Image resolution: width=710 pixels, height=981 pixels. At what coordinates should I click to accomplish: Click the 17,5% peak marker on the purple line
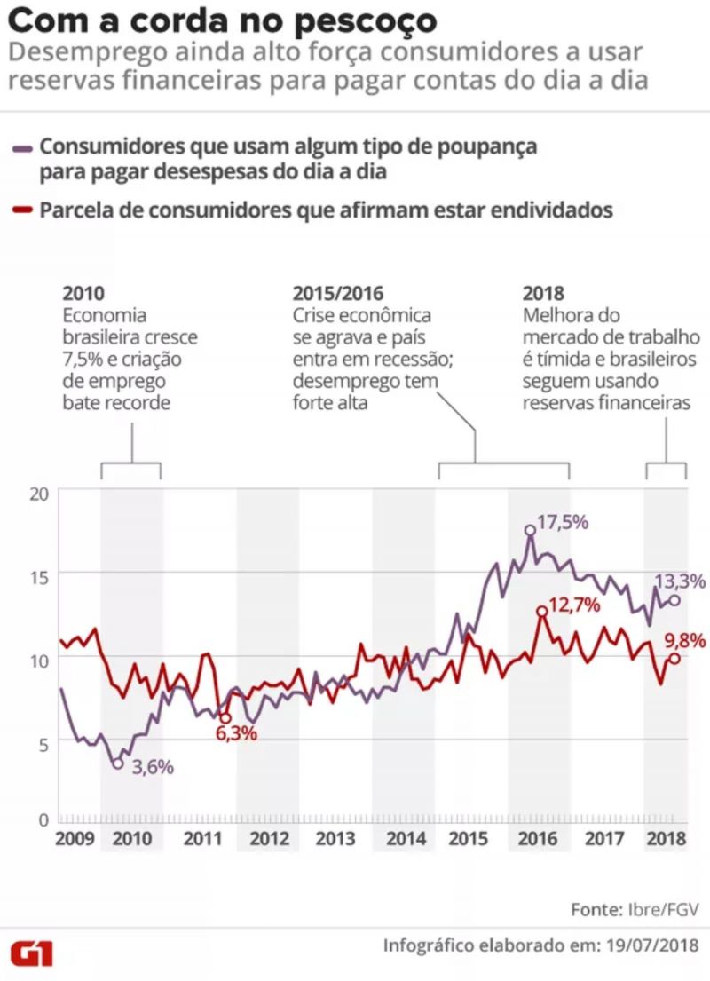pyautogui.click(x=530, y=530)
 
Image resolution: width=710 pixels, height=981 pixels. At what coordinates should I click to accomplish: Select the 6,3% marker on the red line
pyautogui.click(x=225, y=718)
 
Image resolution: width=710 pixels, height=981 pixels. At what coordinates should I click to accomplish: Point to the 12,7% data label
pyautogui.click(x=575, y=605)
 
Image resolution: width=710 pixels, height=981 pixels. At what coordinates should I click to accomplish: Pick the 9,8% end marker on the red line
pyautogui.click(x=674, y=658)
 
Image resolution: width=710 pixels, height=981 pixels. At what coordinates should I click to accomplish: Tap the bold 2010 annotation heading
pyautogui.click(x=83, y=294)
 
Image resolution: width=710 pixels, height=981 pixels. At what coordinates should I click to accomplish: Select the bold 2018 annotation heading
pyautogui.click(x=544, y=294)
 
